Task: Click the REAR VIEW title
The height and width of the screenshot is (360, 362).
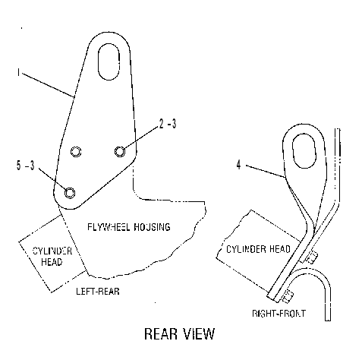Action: click(x=179, y=333)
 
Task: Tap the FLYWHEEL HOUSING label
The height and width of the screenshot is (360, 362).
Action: click(x=129, y=227)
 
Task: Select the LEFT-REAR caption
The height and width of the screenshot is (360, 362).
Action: click(x=98, y=292)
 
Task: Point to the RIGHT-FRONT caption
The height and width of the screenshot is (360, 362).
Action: click(x=279, y=314)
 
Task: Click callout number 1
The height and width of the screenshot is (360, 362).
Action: click(x=18, y=72)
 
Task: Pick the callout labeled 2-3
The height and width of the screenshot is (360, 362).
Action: click(x=168, y=124)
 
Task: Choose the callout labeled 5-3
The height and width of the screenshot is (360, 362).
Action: click(x=25, y=166)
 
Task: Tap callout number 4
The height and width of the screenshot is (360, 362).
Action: click(x=238, y=165)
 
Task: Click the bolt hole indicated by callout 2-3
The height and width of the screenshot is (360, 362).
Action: click(x=120, y=151)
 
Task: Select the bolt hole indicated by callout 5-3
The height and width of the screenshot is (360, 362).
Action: click(x=70, y=193)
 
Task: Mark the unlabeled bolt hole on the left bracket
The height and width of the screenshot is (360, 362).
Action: click(x=76, y=151)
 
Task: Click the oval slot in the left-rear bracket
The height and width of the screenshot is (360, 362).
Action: click(x=109, y=62)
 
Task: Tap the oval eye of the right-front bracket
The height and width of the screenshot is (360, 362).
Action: click(x=304, y=150)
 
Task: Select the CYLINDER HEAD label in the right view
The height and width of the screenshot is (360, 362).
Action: click(x=258, y=249)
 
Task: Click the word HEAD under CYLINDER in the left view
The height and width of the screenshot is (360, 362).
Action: click(x=52, y=261)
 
